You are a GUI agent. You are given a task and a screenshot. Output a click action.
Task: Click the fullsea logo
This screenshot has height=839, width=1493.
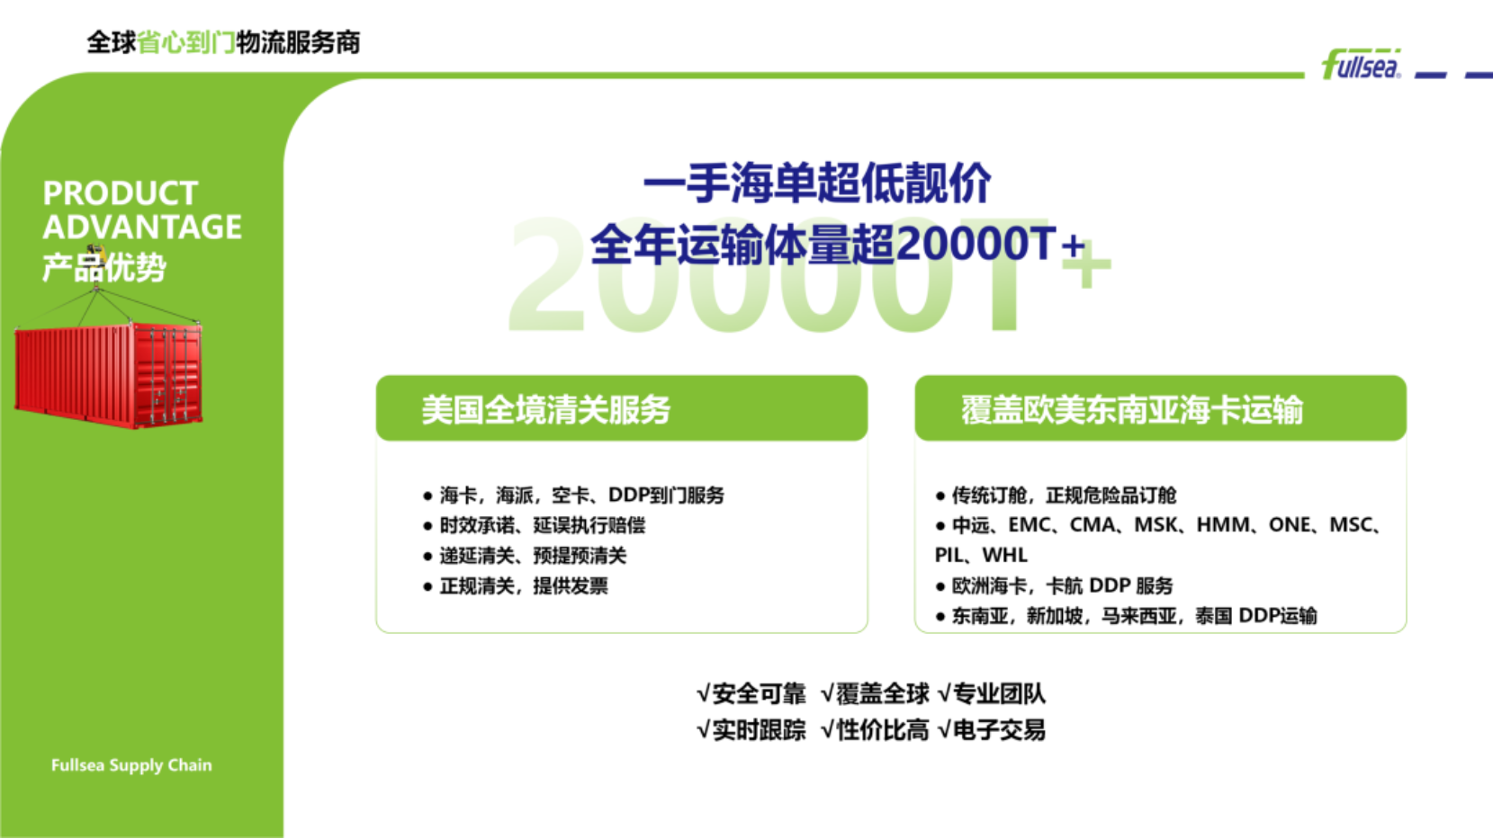[x=1361, y=64]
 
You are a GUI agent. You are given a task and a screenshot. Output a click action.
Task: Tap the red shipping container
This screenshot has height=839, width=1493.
[x=109, y=375]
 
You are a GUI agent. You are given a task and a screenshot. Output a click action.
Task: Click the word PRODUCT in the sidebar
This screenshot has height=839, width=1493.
[x=120, y=193]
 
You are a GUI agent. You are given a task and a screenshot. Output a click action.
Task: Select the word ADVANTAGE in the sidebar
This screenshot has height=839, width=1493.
[x=142, y=227]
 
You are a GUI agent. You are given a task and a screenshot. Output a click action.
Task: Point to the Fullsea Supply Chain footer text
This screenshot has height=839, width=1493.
[x=131, y=765]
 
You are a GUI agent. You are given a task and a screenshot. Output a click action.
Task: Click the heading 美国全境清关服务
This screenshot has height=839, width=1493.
[x=546, y=409]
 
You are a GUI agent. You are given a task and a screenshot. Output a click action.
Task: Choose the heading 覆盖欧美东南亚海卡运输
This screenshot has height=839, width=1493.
[x=1132, y=409]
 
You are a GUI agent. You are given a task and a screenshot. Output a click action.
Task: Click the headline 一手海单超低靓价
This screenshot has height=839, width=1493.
[x=817, y=183]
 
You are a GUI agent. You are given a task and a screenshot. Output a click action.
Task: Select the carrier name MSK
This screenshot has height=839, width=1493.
[x=1156, y=524]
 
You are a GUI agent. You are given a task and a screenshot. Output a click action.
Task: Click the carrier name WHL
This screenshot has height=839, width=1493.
[x=1005, y=555]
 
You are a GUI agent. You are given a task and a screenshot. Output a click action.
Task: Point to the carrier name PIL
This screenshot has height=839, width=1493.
[x=948, y=555]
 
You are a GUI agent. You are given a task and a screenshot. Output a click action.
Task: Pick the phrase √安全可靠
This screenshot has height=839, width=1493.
[x=751, y=694]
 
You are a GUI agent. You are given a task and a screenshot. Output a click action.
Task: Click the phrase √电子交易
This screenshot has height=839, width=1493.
[x=992, y=730]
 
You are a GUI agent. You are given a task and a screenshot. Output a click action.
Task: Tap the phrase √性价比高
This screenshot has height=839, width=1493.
[x=875, y=730]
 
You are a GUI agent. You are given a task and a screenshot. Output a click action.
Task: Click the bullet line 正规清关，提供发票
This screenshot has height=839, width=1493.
[x=524, y=586]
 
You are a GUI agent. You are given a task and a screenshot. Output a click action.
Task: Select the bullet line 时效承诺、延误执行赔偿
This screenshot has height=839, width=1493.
[x=543, y=525]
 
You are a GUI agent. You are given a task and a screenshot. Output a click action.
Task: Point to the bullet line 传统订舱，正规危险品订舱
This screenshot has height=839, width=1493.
[x=1064, y=495]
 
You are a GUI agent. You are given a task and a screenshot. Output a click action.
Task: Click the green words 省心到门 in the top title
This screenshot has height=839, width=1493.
[x=186, y=42]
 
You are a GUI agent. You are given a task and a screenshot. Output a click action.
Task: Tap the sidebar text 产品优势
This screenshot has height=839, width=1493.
[x=104, y=268]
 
